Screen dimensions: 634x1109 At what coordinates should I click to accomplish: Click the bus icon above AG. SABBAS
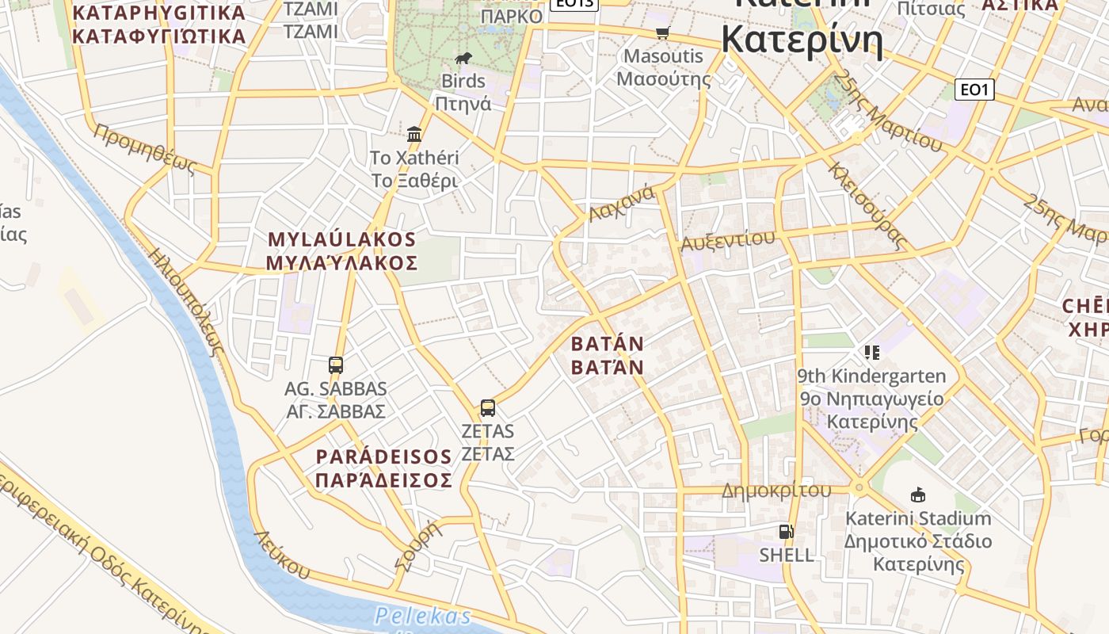pyautogui.click(x=336, y=365)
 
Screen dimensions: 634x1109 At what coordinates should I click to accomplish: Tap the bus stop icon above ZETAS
pyautogui.click(x=488, y=408)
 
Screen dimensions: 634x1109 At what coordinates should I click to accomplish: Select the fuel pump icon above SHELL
pyautogui.click(x=786, y=532)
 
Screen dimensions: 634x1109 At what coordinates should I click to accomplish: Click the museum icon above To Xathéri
pyautogui.click(x=414, y=133)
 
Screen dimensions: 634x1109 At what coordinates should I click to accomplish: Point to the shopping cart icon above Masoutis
pyautogui.click(x=663, y=32)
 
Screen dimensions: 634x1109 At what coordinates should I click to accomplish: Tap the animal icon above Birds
pyautogui.click(x=463, y=58)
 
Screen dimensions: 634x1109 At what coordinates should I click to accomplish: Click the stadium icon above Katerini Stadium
pyautogui.click(x=917, y=495)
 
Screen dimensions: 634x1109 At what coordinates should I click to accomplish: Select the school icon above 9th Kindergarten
pyautogui.click(x=871, y=352)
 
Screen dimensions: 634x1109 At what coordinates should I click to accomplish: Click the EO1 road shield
pyautogui.click(x=974, y=90)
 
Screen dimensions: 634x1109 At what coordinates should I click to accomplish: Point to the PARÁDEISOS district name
pyautogui.click(x=384, y=468)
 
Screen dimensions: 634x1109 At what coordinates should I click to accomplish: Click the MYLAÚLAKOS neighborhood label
pyautogui.click(x=341, y=251)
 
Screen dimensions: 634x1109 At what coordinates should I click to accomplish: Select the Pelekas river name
pyautogui.click(x=423, y=616)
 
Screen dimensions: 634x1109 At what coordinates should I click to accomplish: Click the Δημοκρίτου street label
pyautogui.click(x=776, y=491)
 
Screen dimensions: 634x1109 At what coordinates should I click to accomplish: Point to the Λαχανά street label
pyautogui.click(x=621, y=204)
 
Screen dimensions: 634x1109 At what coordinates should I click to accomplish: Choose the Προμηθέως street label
pyautogui.click(x=144, y=148)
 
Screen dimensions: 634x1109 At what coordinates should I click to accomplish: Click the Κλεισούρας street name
pyautogui.click(x=867, y=206)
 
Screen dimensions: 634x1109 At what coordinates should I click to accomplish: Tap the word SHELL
pyautogui.click(x=787, y=555)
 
